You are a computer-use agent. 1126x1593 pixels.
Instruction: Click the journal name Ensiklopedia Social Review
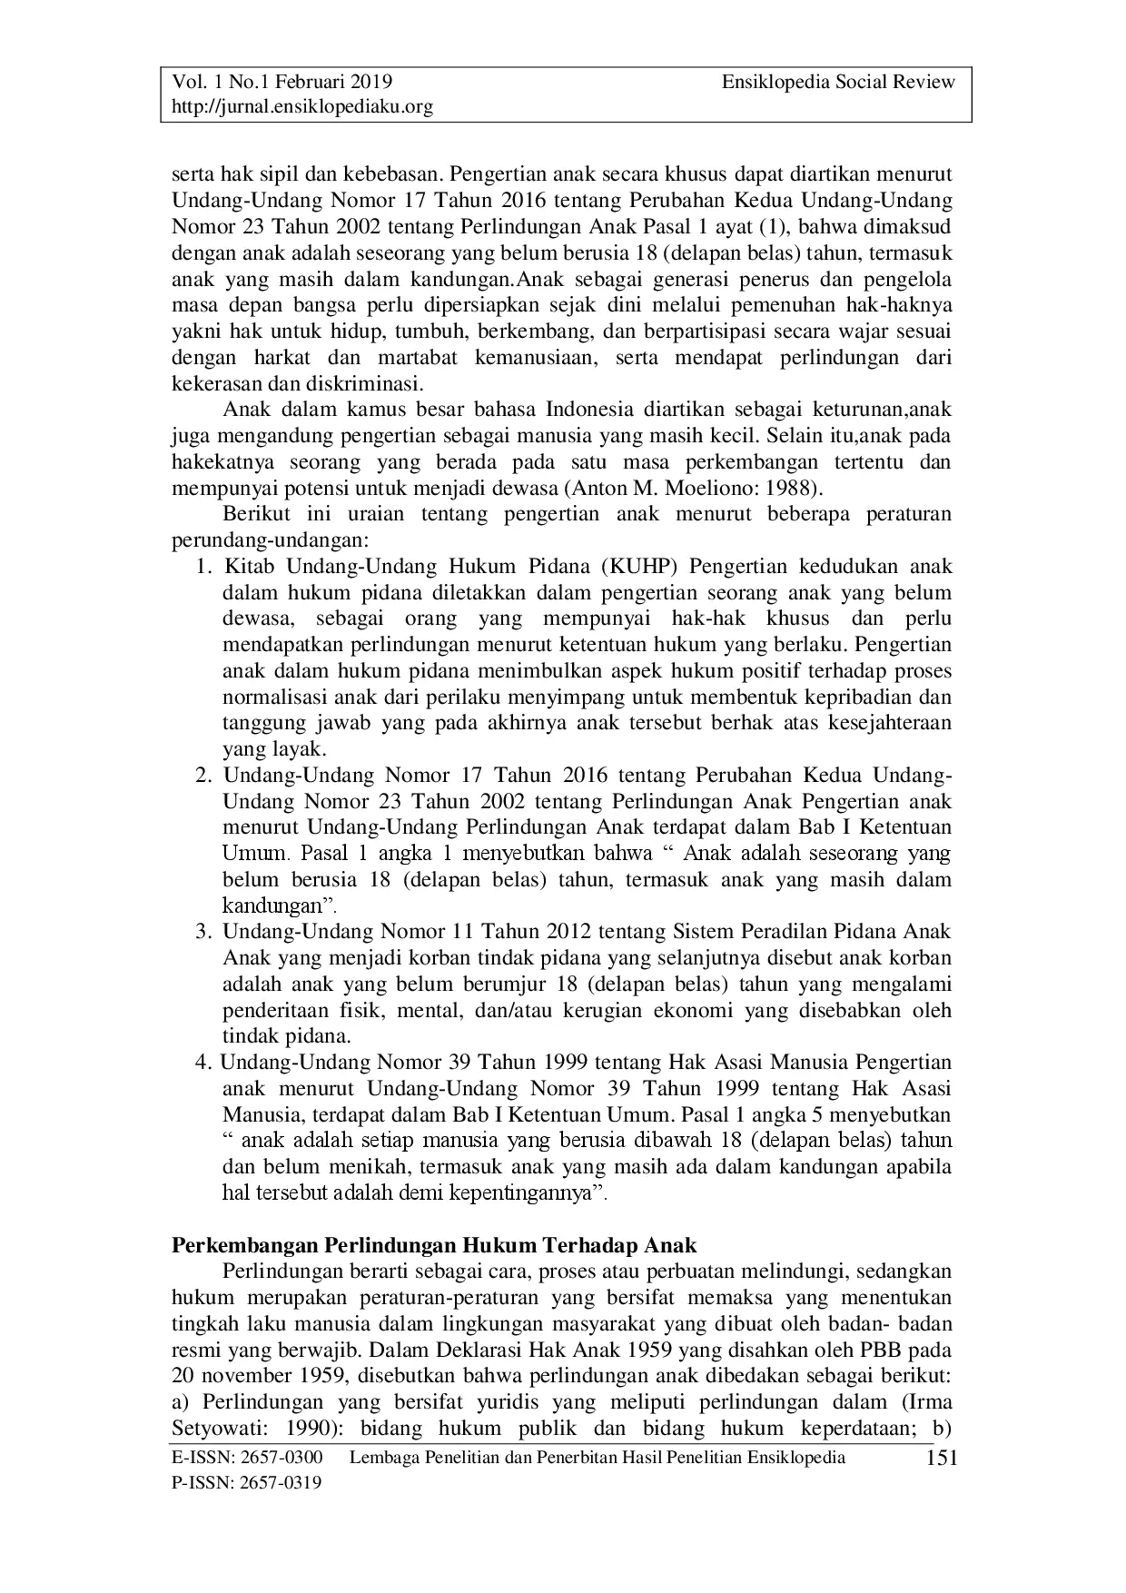point(838,82)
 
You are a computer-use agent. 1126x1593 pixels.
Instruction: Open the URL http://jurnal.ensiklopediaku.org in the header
point(302,107)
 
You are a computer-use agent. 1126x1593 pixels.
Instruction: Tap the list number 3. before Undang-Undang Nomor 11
point(203,932)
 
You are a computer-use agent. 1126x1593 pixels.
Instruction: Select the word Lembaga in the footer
point(382,1458)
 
